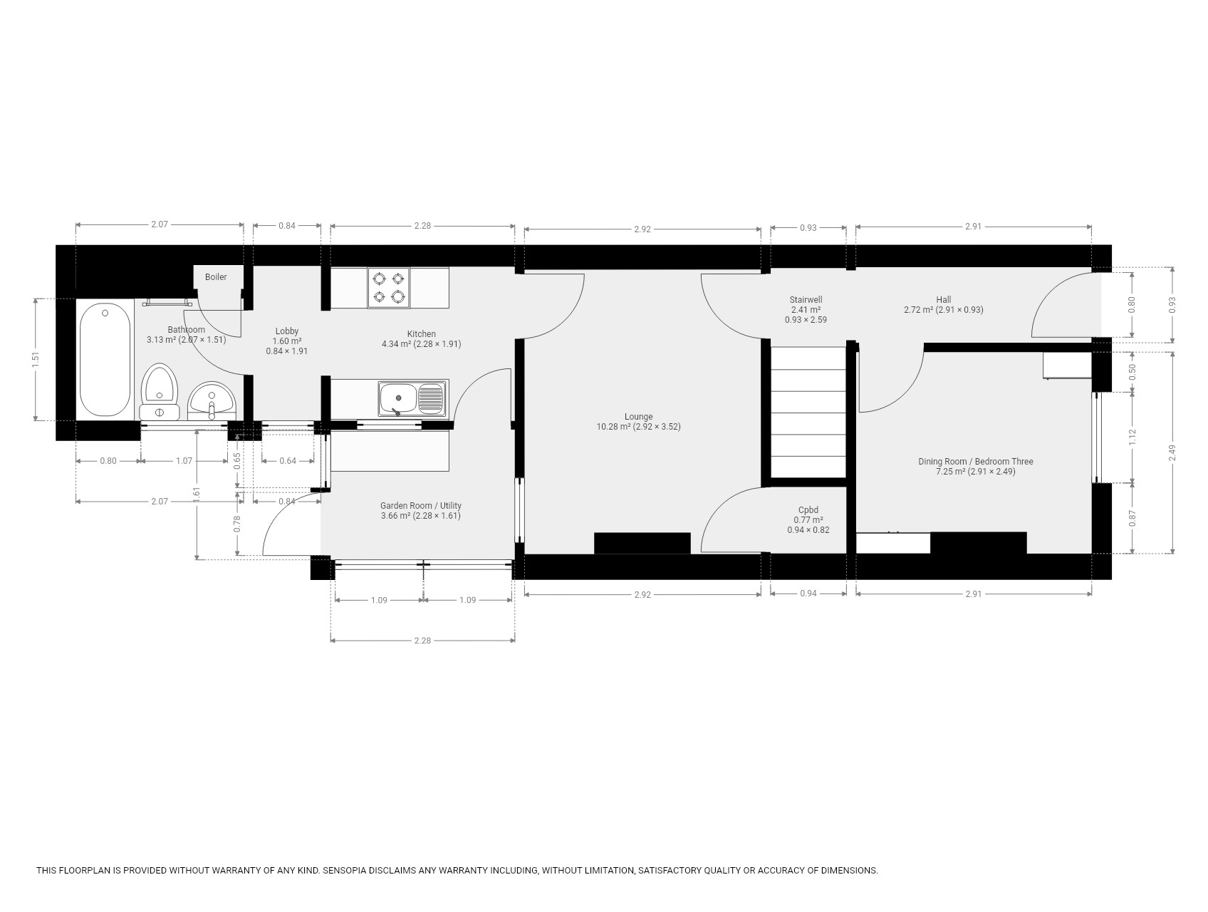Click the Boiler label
(x=216, y=277)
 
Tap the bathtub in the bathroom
(x=105, y=359)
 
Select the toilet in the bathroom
(x=159, y=392)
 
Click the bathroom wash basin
(x=211, y=401)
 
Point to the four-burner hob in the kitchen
(x=389, y=288)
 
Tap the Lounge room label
(x=638, y=417)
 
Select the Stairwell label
(x=806, y=300)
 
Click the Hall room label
(x=944, y=300)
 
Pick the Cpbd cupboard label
(x=808, y=510)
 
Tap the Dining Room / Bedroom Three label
(x=975, y=462)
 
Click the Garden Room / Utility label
(x=421, y=506)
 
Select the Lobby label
(x=287, y=331)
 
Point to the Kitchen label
(x=422, y=334)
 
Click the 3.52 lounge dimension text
(x=669, y=427)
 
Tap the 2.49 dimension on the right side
(x=1172, y=453)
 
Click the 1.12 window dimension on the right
(x=1132, y=437)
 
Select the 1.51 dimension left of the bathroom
(x=36, y=360)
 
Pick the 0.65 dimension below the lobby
(x=238, y=460)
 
